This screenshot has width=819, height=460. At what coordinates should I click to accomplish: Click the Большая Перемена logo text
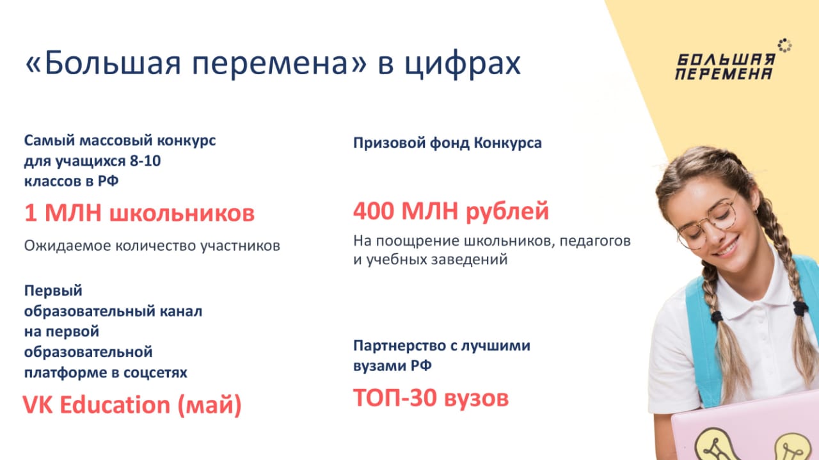pyautogui.click(x=726, y=67)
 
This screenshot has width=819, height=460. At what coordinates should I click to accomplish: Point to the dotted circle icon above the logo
pyautogui.click(x=784, y=45)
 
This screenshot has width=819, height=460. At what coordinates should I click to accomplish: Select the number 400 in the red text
pyautogui.click(x=374, y=211)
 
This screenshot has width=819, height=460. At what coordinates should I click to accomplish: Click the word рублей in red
pyautogui.click(x=507, y=212)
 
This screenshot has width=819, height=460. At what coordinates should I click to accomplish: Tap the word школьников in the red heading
pyautogui.click(x=182, y=213)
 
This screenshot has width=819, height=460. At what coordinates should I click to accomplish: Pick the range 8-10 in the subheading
pyautogui.click(x=145, y=161)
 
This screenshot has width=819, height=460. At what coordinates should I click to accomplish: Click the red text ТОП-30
pyautogui.click(x=395, y=398)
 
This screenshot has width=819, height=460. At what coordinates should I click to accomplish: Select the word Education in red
pyautogui.click(x=115, y=405)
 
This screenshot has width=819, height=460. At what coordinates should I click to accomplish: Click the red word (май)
pyautogui.click(x=209, y=406)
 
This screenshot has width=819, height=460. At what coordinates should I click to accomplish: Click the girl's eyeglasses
pyautogui.click(x=708, y=223)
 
